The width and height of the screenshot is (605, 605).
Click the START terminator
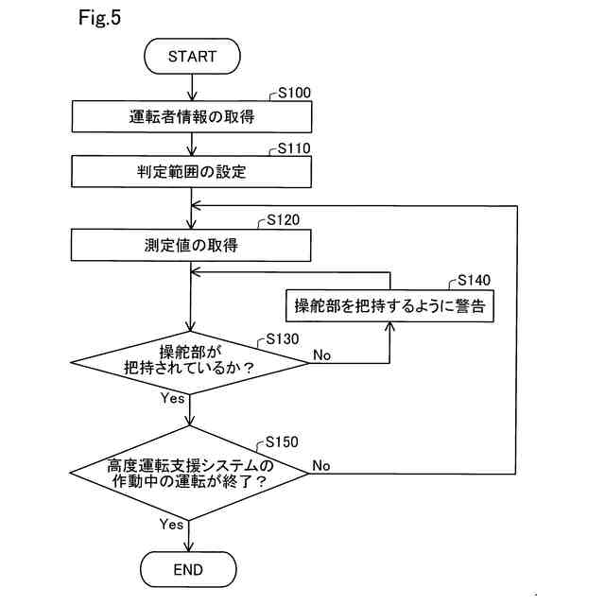pyautogui.click(x=192, y=57)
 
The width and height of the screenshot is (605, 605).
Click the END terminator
pyautogui.click(x=188, y=569)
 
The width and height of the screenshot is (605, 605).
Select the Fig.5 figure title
pyautogui.click(x=99, y=18)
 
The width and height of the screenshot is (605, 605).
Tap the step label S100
pyautogui.click(x=294, y=93)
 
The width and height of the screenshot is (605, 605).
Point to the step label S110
pyautogui.click(x=294, y=148)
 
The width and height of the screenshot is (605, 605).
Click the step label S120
pyautogui.click(x=284, y=220)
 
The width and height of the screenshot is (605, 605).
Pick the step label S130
pyautogui.click(x=283, y=339)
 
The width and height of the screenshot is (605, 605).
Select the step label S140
pyautogui.click(x=474, y=280)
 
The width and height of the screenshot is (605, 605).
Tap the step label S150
pyautogui.click(x=282, y=442)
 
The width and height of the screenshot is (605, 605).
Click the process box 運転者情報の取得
pyautogui.click(x=192, y=116)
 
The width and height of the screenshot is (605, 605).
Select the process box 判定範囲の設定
pyautogui.click(x=191, y=172)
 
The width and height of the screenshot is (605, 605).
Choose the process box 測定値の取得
pyautogui.click(x=191, y=245)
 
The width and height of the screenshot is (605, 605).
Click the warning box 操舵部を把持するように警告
pyautogui.click(x=389, y=305)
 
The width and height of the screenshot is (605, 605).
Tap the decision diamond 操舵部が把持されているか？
pyautogui.click(x=190, y=363)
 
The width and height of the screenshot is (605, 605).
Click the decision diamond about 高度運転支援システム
pyautogui.click(x=189, y=473)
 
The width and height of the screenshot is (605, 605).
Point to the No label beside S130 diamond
pyautogui.click(x=321, y=355)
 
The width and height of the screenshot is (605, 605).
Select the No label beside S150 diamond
pyautogui.click(x=321, y=466)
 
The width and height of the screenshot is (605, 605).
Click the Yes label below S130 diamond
pyautogui.click(x=172, y=398)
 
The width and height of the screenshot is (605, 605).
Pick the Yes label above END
pyautogui.click(x=171, y=525)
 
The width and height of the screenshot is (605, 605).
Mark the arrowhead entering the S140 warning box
pyautogui.click(x=389, y=326)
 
